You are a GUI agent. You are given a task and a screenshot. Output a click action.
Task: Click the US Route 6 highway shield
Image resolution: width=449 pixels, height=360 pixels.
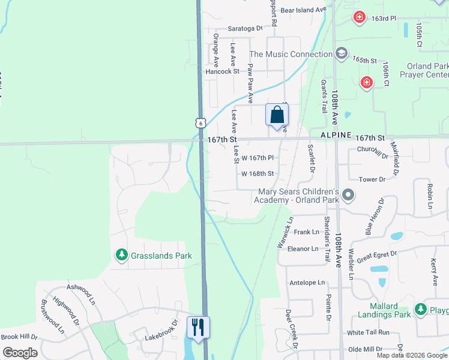(200, 122)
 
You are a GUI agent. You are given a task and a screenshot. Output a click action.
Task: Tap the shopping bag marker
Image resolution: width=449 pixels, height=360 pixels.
(277, 115)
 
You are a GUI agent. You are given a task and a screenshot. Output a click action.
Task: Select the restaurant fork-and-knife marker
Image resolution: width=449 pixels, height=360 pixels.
(198, 328)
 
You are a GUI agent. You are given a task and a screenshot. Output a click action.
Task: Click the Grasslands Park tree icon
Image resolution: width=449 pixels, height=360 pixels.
(122, 256)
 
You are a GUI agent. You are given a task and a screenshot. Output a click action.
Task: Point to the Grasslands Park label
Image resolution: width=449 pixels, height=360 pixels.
(160, 256)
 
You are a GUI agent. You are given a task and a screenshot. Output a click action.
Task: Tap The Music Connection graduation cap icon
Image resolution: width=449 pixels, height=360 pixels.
(342, 54)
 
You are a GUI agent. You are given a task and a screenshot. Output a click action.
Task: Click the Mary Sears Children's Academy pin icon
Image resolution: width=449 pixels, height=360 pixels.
(349, 196)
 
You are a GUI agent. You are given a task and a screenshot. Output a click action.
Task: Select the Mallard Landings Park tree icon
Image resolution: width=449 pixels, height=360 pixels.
(421, 310)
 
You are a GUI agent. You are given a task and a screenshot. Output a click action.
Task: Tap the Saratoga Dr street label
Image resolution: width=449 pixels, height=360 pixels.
(246, 28)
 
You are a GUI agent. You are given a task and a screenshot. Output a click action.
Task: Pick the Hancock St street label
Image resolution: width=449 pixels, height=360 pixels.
(222, 71)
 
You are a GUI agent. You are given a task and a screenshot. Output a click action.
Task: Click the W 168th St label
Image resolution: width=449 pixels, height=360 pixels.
(258, 174)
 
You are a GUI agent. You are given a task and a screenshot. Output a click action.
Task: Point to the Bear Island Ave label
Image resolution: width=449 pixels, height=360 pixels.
(303, 10)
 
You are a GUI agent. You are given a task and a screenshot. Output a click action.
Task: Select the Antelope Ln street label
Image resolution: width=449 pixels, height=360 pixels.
(307, 283)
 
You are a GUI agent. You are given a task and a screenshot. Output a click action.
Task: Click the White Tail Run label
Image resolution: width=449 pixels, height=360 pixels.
(368, 332)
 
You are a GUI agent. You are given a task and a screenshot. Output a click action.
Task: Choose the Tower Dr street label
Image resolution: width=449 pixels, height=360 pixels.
(372, 179)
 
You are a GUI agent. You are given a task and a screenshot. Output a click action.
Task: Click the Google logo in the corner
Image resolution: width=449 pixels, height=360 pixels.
(20, 353)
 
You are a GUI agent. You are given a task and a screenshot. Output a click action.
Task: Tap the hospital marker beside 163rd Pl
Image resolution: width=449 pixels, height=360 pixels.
(359, 17)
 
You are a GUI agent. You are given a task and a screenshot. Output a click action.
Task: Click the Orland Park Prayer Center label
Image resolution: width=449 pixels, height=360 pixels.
(427, 70)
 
